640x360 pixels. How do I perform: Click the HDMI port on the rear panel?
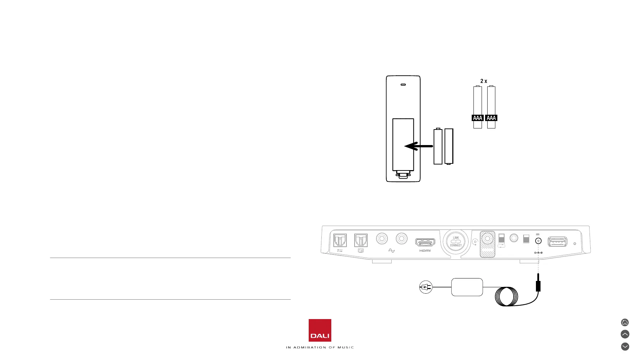point(425,242)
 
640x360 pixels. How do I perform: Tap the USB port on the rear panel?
point(557,242)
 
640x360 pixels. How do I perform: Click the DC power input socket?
point(538,241)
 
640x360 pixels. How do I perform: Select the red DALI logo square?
point(320,330)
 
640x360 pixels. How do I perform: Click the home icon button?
point(625,322)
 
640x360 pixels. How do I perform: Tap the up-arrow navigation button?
point(625,334)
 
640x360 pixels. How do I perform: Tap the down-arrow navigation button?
point(625,347)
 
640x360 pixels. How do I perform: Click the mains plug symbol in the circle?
point(426,287)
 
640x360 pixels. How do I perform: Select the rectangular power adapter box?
point(467,287)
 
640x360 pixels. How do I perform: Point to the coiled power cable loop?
point(507,296)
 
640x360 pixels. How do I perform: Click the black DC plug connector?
point(538,286)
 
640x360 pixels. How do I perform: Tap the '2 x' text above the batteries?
point(484,81)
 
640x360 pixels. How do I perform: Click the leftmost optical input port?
point(340,240)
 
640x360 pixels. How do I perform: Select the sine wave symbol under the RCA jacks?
point(391,251)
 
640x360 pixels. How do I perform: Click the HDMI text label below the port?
point(425,251)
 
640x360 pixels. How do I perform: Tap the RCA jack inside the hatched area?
point(488,239)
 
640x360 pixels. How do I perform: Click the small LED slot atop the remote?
point(403,85)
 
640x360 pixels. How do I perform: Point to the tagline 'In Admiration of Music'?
point(320,347)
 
